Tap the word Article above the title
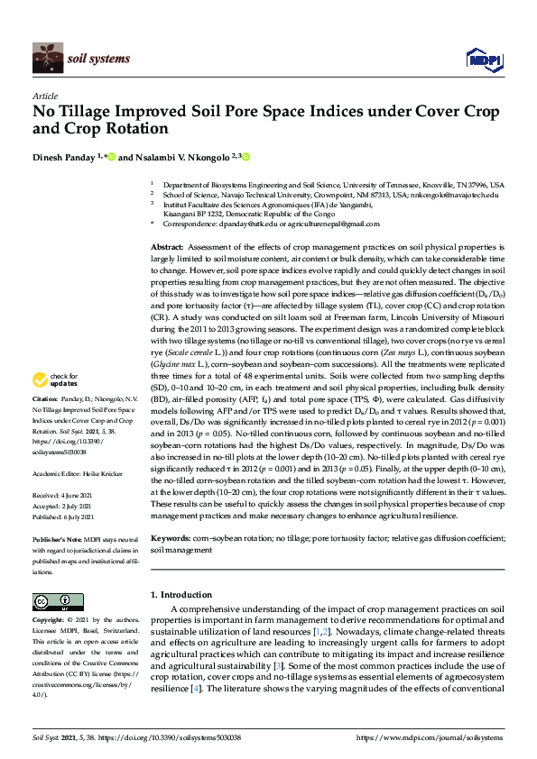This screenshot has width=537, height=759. tap(44, 96)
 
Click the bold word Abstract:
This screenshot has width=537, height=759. tap(166, 246)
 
